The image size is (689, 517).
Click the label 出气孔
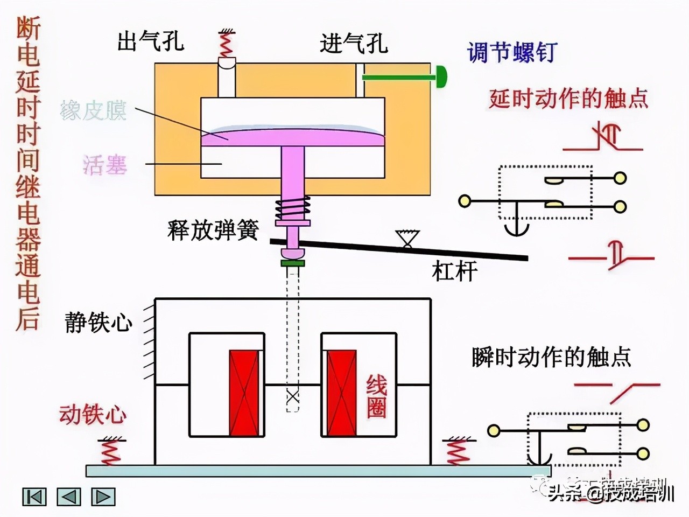tap(151, 41)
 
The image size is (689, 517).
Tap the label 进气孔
tap(354, 43)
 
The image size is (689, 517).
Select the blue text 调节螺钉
tap(511, 52)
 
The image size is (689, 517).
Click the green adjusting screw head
tap(442, 77)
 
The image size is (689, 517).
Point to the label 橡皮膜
tap(93, 111)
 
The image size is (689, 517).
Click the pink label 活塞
tap(105, 164)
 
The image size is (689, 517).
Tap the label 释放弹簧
tap(213, 230)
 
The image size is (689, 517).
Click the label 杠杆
tap(454, 271)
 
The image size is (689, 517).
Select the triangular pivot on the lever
tap(407, 239)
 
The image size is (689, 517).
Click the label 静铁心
tap(99, 322)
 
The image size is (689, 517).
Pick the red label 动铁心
tap(93, 414)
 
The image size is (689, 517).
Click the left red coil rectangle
tap(244, 393)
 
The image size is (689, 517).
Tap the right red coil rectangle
tap(342, 393)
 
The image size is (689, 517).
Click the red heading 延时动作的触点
tap(568, 99)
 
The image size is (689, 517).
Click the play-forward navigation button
tap(103, 497)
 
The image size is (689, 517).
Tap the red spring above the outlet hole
tap(227, 43)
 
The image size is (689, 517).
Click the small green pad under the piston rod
tap(292, 263)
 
